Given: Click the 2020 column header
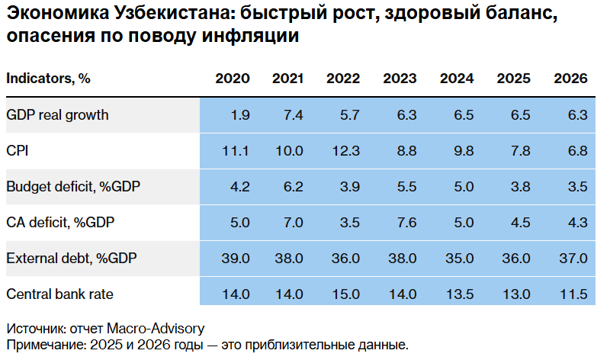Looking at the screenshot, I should click(232, 79).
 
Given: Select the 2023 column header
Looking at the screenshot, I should click(400, 79).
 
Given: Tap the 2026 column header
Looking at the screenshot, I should click(570, 79).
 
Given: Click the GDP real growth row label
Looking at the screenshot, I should click(57, 115).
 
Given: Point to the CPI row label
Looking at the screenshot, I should click(17, 151).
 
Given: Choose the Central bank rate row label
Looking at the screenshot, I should click(60, 294).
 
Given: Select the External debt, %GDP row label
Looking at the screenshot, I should click(72, 258).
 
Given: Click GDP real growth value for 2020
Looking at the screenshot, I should click(240, 115).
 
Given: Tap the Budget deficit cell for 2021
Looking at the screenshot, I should click(294, 187).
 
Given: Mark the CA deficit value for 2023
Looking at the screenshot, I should click(407, 223).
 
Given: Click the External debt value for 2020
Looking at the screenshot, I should click(235, 258).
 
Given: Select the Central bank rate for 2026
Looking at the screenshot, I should click(573, 294).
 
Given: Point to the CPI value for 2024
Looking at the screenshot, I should click(464, 151).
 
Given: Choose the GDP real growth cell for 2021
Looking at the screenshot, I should click(294, 115).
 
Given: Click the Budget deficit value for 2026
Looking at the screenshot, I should click(578, 187).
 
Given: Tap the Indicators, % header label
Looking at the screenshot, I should click(48, 79).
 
